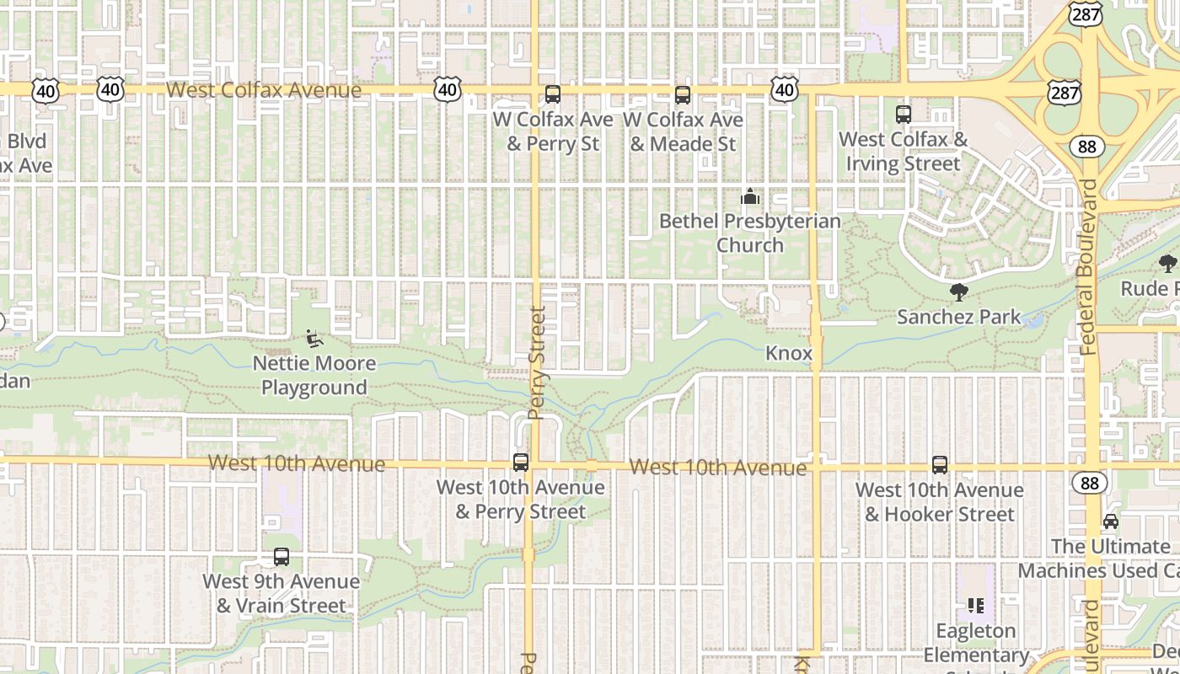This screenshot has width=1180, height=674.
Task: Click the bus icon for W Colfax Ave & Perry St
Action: pyautogui.click(x=553, y=94)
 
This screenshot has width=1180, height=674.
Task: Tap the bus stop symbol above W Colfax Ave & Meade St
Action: pyautogui.click(x=683, y=95)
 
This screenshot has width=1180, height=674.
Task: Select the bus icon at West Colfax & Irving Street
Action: pyautogui.click(x=904, y=114)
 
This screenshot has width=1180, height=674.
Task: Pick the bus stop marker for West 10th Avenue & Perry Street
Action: pyautogui.click(x=521, y=462)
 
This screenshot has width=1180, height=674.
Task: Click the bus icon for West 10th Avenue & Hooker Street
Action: pyautogui.click(x=940, y=464)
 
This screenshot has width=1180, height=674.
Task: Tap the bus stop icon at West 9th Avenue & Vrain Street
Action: pyautogui.click(x=282, y=557)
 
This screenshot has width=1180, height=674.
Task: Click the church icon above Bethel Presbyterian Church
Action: pyautogui.click(x=749, y=197)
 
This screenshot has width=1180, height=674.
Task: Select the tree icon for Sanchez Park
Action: pyautogui.click(x=958, y=292)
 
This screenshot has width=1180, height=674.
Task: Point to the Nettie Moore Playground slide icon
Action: pyautogui.click(x=314, y=339)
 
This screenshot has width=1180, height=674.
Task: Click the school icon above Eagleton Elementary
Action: pyautogui.click(x=976, y=605)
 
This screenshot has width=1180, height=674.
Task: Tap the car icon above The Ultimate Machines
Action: pyautogui.click(x=1111, y=522)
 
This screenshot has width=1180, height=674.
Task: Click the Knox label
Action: pyautogui.click(x=789, y=353)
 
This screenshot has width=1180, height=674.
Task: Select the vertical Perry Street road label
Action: pyautogui.click(x=537, y=362)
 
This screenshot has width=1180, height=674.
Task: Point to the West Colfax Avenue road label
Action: pyautogui.click(x=264, y=89)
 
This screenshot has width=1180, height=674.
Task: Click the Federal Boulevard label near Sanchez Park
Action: pyautogui.click(x=1087, y=265)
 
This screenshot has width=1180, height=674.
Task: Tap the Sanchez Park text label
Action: pyautogui.click(x=958, y=317)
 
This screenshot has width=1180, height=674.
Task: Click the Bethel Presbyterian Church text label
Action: pyautogui.click(x=749, y=233)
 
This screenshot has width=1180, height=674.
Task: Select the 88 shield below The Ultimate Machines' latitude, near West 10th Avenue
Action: pyautogui.click(x=1090, y=483)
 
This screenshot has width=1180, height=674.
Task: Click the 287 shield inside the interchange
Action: pyautogui.click(x=1065, y=93)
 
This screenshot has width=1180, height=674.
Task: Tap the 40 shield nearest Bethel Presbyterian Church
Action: pyautogui.click(x=784, y=88)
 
